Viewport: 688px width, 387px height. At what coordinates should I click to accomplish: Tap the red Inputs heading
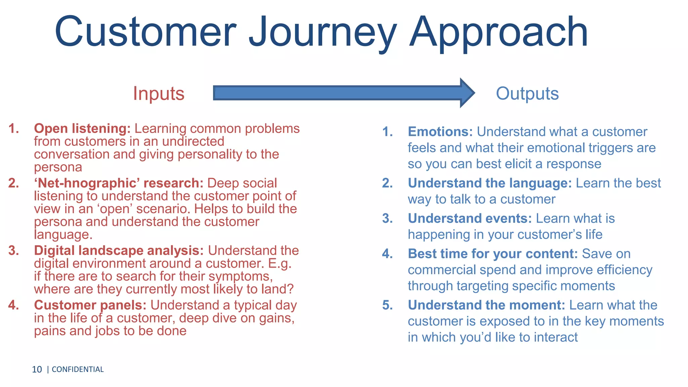tap(159, 93)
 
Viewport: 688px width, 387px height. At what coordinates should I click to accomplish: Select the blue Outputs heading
tap(527, 93)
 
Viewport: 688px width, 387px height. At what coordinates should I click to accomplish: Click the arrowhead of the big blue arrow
tap(467, 93)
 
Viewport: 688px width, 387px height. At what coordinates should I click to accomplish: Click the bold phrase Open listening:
tap(82, 129)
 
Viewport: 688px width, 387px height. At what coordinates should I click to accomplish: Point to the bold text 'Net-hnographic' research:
tap(119, 183)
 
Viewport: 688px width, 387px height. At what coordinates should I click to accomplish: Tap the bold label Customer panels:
tap(90, 305)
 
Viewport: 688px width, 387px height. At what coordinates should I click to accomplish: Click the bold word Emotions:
tap(440, 132)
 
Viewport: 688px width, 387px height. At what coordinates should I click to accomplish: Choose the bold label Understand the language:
tap(489, 183)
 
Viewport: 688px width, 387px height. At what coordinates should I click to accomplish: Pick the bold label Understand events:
tap(470, 218)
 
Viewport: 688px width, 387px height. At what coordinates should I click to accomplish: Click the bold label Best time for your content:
tap(492, 254)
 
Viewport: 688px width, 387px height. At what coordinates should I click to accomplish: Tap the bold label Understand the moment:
tap(486, 305)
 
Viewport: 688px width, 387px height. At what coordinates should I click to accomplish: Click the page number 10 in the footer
tap(37, 370)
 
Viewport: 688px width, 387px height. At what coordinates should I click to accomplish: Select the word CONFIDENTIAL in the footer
tap(78, 370)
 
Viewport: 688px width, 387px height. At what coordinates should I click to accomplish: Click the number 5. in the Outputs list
tap(387, 305)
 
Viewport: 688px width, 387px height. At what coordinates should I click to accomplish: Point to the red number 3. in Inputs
tap(14, 251)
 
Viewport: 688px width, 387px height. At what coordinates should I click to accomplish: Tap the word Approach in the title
tap(499, 33)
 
